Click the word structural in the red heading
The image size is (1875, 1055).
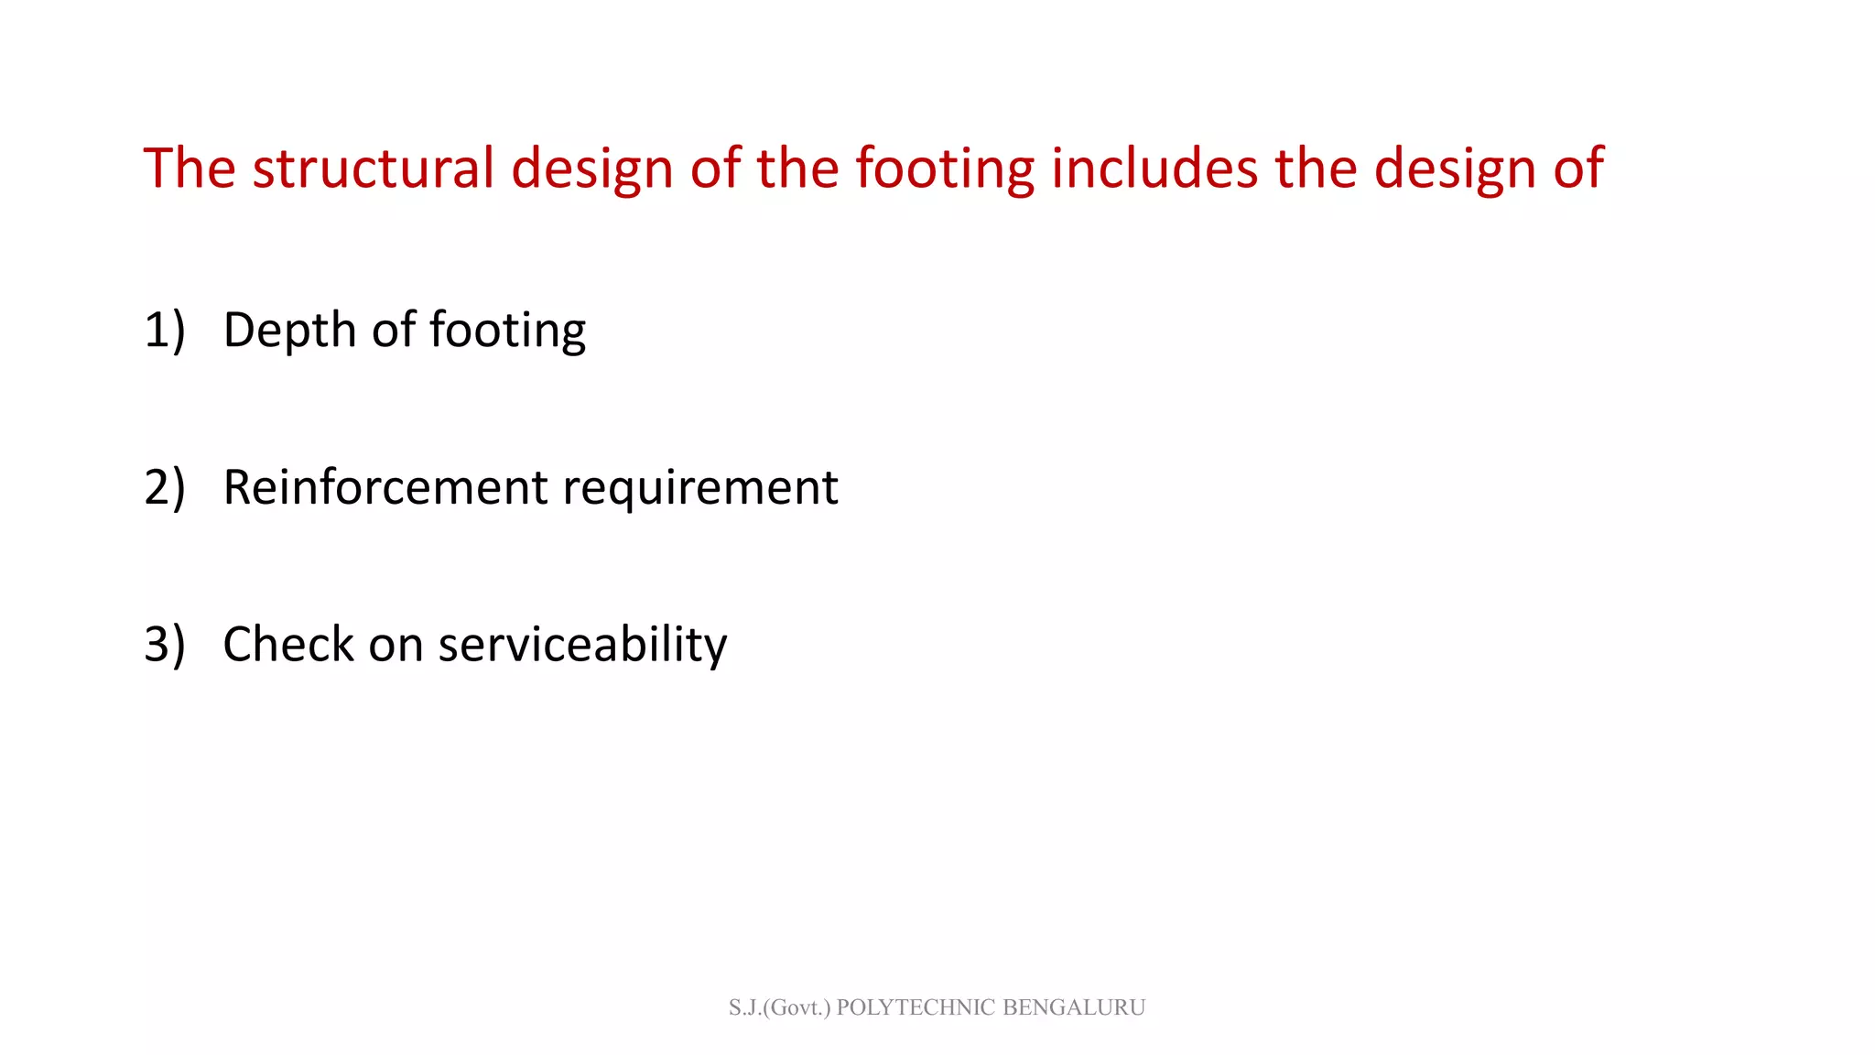click(x=373, y=169)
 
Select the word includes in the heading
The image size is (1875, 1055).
click(x=1154, y=169)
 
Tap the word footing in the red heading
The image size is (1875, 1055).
click(x=944, y=170)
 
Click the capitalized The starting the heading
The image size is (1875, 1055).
click(x=190, y=169)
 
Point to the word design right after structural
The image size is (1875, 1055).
click(x=591, y=170)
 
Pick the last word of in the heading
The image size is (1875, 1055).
click(x=1578, y=169)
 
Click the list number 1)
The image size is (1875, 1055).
click(x=165, y=330)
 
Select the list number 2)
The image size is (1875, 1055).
click(x=165, y=487)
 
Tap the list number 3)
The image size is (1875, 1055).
click(x=165, y=644)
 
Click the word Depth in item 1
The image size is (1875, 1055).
click(x=289, y=332)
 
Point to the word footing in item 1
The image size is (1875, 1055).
click(x=507, y=332)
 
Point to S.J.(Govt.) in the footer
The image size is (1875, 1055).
click(x=779, y=1007)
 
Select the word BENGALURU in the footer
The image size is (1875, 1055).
click(x=1074, y=1007)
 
